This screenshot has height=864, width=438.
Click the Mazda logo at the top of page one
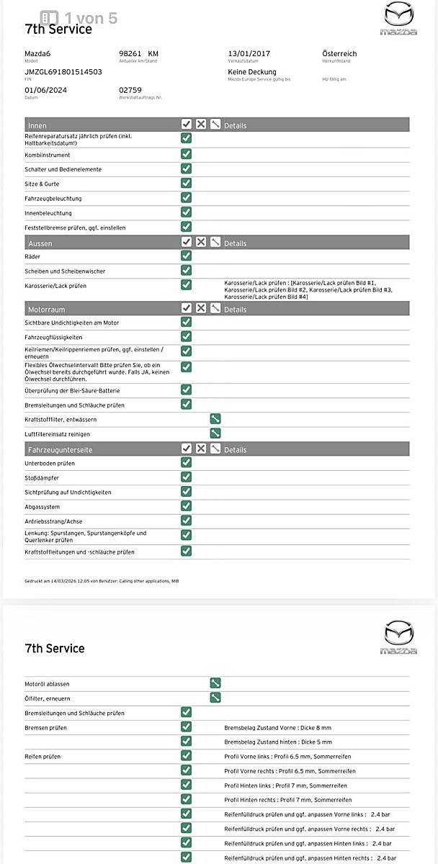[x=398, y=18]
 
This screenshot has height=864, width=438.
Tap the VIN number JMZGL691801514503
[x=63, y=72]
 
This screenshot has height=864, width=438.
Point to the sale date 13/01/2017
[x=250, y=54]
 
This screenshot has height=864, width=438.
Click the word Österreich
[x=339, y=54]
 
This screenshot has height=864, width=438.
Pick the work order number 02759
[x=130, y=90]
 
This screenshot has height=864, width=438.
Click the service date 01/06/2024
[x=46, y=90]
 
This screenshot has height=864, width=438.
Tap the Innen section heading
[x=37, y=126]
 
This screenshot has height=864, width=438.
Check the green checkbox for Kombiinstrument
[x=186, y=153]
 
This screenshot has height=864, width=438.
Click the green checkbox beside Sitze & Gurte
[x=186, y=183]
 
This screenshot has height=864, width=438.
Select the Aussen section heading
[x=40, y=243]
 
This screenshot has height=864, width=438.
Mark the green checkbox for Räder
[x=186, y=256]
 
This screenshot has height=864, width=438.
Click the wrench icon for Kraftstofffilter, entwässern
[x=215, y=419]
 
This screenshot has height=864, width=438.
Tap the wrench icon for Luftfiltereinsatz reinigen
[x=215, y=433]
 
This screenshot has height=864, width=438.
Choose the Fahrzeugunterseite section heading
[x=60, y=449]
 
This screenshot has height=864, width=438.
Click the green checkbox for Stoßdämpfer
[x=186, y=477]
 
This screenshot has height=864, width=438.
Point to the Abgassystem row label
[x=43, y=506]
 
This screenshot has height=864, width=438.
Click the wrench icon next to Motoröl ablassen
[x=215, y=683]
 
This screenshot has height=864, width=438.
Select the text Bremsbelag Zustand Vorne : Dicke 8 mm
[x=278, y=728]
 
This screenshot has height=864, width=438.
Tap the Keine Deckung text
[x=252, y=72]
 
